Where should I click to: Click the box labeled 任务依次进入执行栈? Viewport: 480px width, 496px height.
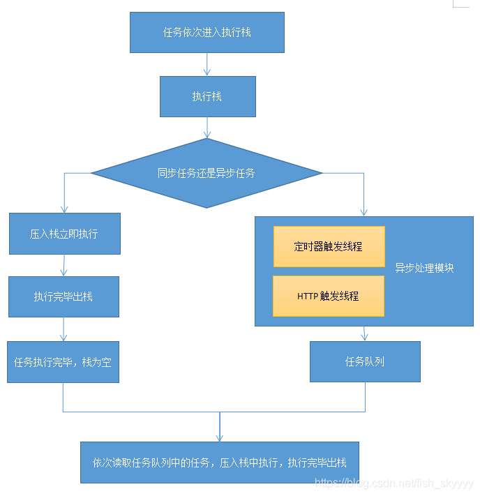pyautogui.click(x=207, y=32)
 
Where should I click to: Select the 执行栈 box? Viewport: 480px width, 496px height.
pyautogui.click(x=207, y=96)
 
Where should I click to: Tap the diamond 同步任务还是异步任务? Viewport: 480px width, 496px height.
pyautogui.click(x=207, y=173)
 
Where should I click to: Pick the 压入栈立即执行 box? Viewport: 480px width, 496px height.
pyautogui.click(x=64, y=234)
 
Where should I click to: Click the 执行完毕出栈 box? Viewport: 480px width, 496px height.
pyautogui.click(x=63, y=296)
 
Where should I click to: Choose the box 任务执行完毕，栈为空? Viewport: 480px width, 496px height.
pyautogui.click(x=63, y=362)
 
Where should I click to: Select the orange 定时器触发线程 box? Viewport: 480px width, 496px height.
pyautogui.click(x=329, y=246)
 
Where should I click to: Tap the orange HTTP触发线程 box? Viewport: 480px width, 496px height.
pyautogui.click(x=328, y=296)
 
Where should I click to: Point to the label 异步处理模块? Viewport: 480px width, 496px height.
pyautogui.click(x=424, y=268)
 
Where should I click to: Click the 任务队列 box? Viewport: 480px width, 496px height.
pyautogui.click(x=365, y=361)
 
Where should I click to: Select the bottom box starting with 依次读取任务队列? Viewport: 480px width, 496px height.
pyautogui.click(x=220, y=462)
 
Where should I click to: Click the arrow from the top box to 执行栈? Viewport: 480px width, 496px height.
pyautogui.click(x=207, y=65)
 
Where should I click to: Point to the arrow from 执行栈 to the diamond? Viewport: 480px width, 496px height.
pyautogui.click(x=207, y=128)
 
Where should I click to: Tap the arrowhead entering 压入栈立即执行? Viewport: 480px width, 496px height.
pyautogui.click(x=64, y=209)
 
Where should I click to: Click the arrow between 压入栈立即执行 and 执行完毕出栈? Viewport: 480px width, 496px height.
pyautogui.click(x=64, y=265)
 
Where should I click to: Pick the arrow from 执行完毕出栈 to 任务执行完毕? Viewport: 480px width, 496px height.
pyautogui.click(x=63, y=329)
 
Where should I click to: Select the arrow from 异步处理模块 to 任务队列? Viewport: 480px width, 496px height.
pyautogui.click(x=364, y=333)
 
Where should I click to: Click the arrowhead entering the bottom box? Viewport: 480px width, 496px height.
pyautogui.click(x=220, y=437)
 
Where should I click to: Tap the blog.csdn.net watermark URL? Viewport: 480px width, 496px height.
pyautogui.click(x=394, y=483)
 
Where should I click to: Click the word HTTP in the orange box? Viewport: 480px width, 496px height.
pyautogui.click(x=308, y=296)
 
